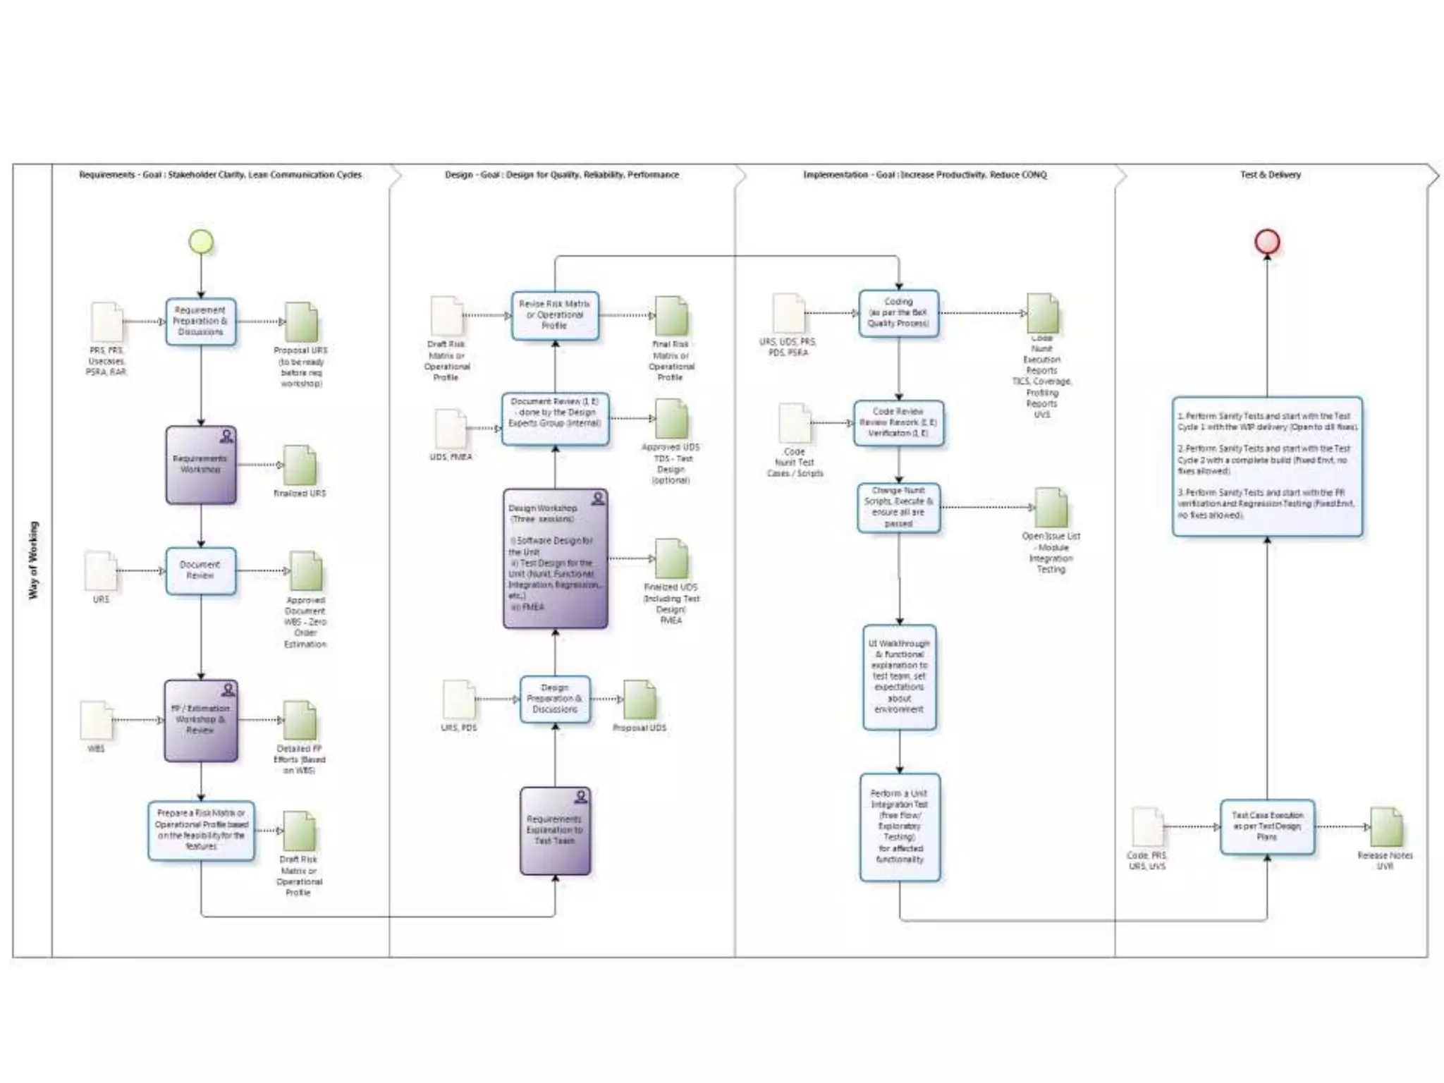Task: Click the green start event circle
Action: (201, 242)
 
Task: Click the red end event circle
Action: (1267, 242)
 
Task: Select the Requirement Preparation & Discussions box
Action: (201, 322)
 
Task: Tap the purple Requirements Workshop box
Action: (201, 465)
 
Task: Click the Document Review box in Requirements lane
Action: (201, 570)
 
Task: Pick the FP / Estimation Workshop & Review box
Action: (201, 721)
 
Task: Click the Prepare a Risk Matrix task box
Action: (201, 830)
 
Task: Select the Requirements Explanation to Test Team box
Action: (555, 831)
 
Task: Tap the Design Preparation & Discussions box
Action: (555, 699)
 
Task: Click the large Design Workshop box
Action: (555, 558)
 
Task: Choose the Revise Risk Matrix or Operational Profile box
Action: (555, 315)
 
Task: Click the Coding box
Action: (898, 313)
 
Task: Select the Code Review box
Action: (898, 423)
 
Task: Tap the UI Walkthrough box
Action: (899, 677)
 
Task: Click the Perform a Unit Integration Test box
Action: (900, 826)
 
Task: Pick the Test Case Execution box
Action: (1267, 826)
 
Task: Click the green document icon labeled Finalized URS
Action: (300, 465)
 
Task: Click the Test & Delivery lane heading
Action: (1270, 175)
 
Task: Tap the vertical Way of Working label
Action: (33, 561)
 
